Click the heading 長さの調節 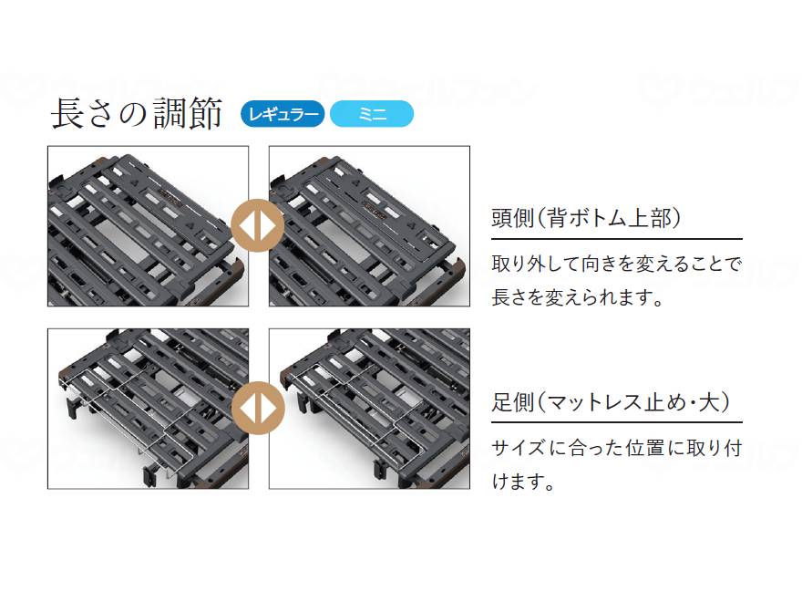click(137, 114)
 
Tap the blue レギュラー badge click(282, 114)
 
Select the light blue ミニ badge click(372, 114)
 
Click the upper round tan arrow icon click(259, 226)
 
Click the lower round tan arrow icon click(259, 409)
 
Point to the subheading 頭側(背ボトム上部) click(587, 219)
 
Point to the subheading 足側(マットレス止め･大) click(613, 402)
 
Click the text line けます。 click(524, 482)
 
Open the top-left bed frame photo click(148, 226)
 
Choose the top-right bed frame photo click(369, 226)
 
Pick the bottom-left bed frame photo click(148, 409)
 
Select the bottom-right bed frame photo click(369, 409)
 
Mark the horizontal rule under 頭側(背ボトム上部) click(616, 239)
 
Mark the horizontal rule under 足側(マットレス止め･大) click(616, 422)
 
